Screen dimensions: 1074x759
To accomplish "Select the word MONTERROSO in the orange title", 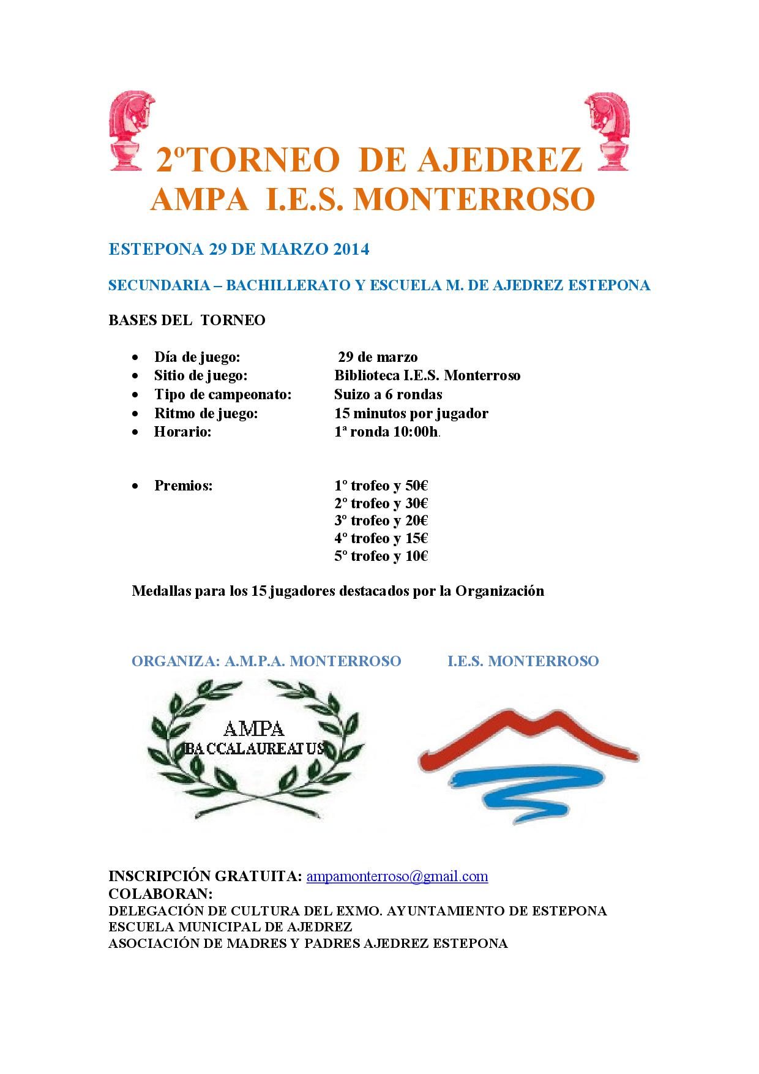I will pyautogui.click(x=474, y=199).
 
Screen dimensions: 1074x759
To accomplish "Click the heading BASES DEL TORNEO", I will pyautogui.click(x=187, y=320).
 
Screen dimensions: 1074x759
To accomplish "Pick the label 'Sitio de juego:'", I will pyautogui.click(x=200, y=375).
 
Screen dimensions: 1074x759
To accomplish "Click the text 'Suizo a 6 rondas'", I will pyautogui.click(x=388, y=394).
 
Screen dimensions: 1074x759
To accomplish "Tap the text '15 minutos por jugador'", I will pyautogui.click(x=411, y=413).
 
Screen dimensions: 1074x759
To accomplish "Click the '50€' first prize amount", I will pyautogui.click(x=416, y=486).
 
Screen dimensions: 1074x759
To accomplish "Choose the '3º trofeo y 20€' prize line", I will pyautogui.click(x=381, y=520).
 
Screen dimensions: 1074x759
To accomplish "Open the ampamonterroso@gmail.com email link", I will pyautogui.click(x=397, y=876).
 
